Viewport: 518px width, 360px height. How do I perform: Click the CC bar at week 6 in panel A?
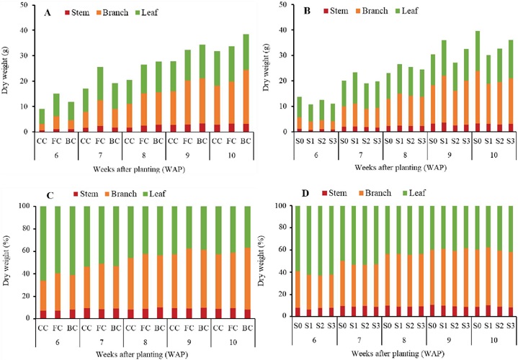tap(42, 120)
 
